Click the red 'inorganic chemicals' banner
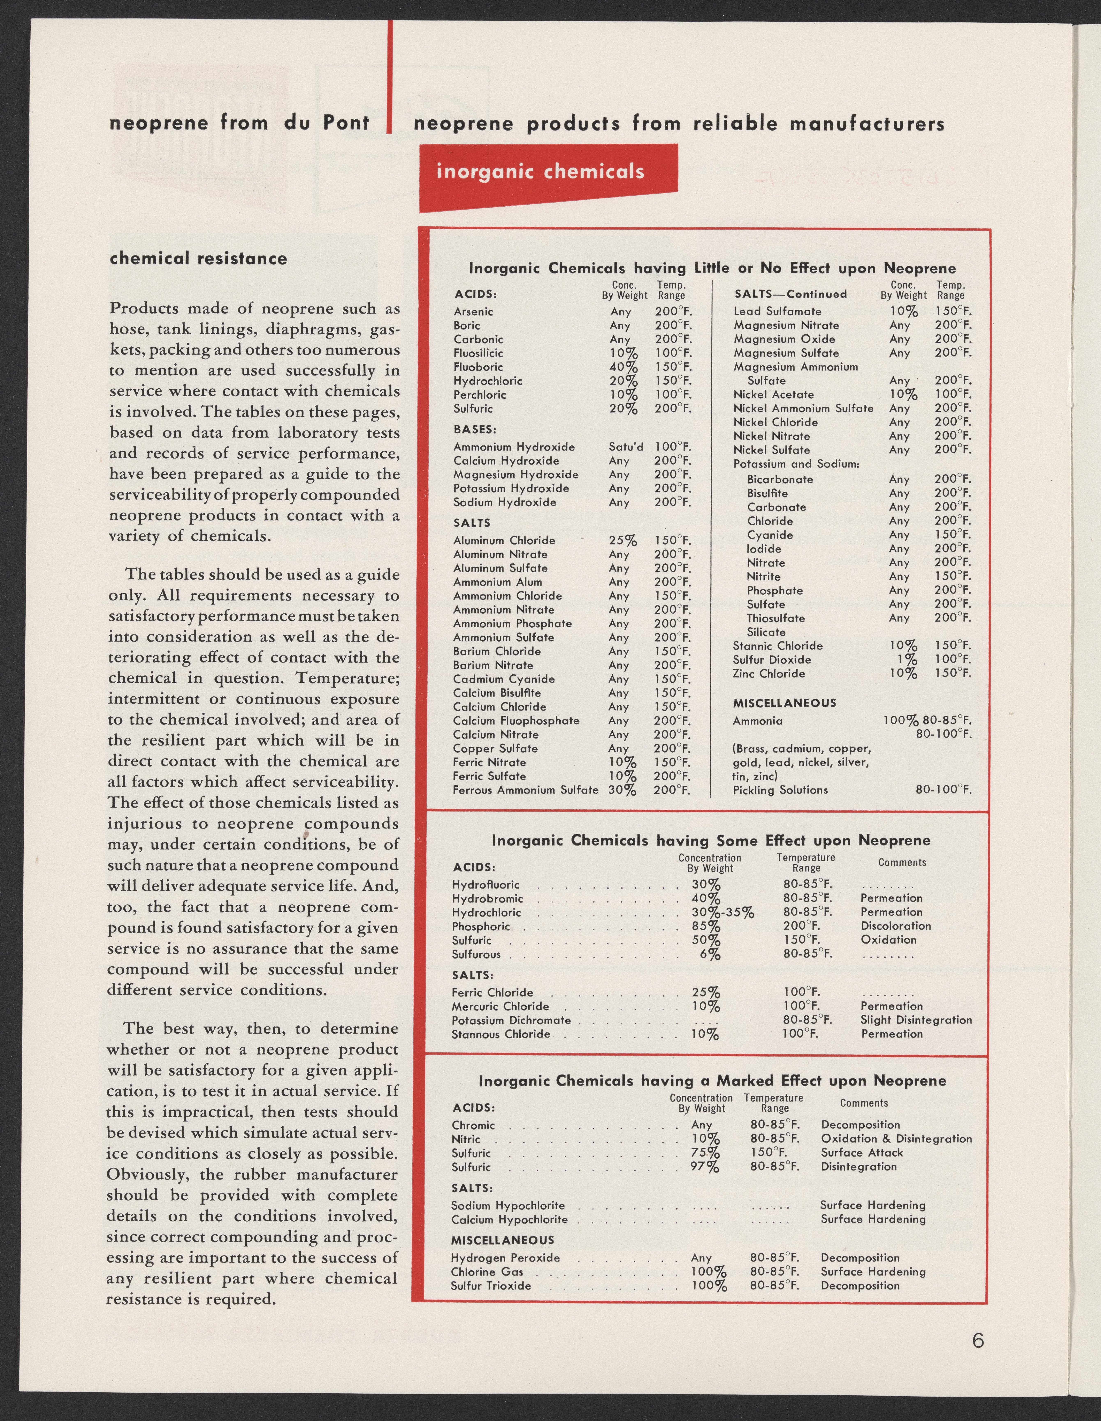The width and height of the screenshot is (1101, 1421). point(540,172)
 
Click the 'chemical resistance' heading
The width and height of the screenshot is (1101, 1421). point(198,258)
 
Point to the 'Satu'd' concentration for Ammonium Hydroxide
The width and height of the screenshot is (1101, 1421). point(625,447)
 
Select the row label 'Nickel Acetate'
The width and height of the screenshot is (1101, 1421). point(773,394)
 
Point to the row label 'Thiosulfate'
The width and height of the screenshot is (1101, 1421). point(775,618)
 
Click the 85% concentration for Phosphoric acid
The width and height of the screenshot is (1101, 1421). point(706,927)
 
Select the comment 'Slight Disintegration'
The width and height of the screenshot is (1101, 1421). point(915,1020)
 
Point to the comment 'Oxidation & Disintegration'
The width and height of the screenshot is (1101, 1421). point(896,1139)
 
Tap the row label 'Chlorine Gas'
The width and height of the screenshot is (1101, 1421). point(487,1272)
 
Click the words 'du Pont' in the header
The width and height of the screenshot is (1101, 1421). point(327,122)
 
